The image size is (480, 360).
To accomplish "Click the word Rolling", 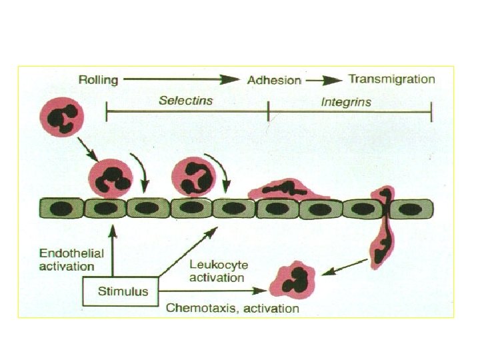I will point(99,80).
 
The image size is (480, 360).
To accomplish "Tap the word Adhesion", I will point(274,81).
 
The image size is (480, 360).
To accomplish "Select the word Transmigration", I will point(392,79).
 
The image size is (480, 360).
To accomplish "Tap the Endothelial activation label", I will point(67,260).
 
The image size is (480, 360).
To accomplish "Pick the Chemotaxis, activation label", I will point(232,309).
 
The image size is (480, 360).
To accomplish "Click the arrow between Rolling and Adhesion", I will point(181,80).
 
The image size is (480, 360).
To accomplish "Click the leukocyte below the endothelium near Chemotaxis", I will point(291,279).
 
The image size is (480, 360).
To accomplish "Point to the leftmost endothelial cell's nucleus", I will point(61,209).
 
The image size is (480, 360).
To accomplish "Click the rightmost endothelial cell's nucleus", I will point(411,209).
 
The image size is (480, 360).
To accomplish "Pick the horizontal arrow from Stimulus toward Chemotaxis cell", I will point(213,291).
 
